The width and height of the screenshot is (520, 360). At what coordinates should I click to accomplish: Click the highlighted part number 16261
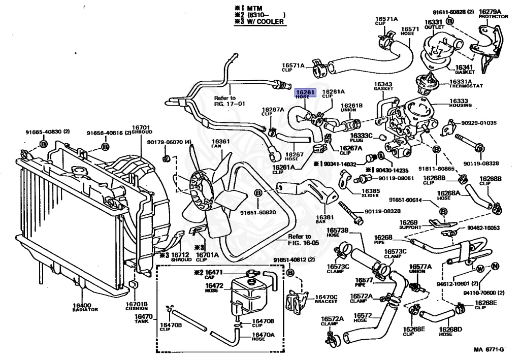click(306, 92)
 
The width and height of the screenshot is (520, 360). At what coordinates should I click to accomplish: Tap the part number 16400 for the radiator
click(82, 305)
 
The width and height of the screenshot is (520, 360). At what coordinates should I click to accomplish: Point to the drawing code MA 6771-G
click(489, 349)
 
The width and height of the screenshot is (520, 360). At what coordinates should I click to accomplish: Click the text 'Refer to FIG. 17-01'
click(230, 101)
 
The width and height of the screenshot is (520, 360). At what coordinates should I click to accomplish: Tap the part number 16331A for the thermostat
click(461, 81)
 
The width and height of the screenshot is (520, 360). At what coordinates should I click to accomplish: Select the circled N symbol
click(496, 266)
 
